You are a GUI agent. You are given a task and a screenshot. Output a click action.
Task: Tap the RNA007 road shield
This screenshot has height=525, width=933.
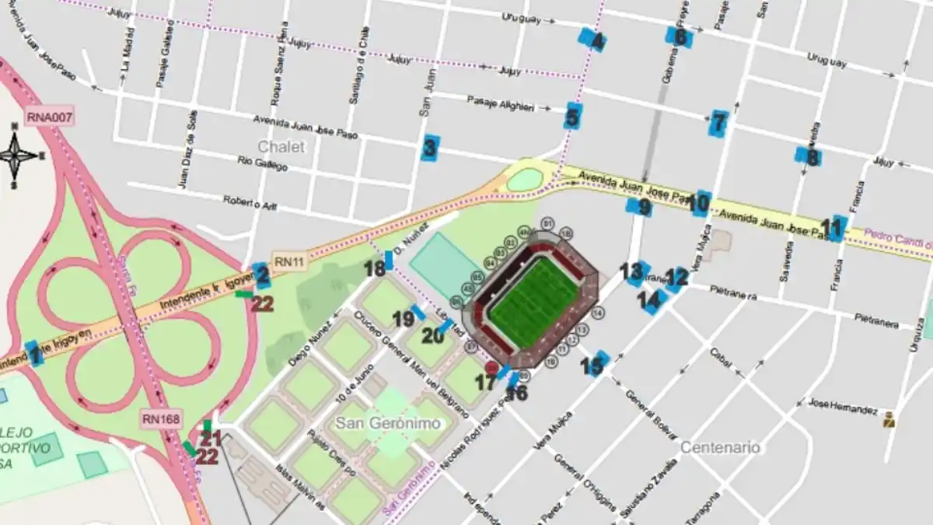pyautogui.click(x=49, y=117)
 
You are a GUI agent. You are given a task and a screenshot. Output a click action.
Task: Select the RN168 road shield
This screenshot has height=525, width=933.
pyautogui.click(x=161, y=419)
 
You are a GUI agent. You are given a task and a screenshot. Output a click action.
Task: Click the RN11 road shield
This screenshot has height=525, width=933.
pyautogui.click(x=289, y=262)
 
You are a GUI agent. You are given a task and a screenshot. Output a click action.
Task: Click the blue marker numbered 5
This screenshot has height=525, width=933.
pyautogui.click(x=573, y=117)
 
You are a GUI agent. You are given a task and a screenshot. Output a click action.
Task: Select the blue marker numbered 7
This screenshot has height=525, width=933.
pyautogui.click(x=718, y=122)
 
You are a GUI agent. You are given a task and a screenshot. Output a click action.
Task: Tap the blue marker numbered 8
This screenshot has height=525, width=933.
pyautogui.click(x=809, y=156)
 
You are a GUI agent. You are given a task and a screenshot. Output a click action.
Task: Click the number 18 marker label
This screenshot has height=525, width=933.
pyautogui.click(x=375, y=269)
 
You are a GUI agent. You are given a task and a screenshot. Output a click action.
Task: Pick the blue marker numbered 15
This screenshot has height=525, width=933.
pyautogui.click(x=596, y=364)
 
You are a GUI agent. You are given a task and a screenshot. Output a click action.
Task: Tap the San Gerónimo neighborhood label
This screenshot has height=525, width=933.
pyautogui.click(x=388, y=423)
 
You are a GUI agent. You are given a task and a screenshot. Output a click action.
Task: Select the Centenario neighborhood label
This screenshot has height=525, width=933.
pyautogui.click(x=720, y=447)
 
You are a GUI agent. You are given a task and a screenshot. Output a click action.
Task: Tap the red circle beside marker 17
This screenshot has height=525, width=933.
pyautogui.click(x=491, y=367)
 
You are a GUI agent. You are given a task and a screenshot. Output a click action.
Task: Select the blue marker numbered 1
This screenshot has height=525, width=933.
pyautogui.click(x=33, y=354)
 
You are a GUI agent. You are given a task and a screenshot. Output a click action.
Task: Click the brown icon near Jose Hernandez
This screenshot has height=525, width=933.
pyautogui.click(x=889, y=420)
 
